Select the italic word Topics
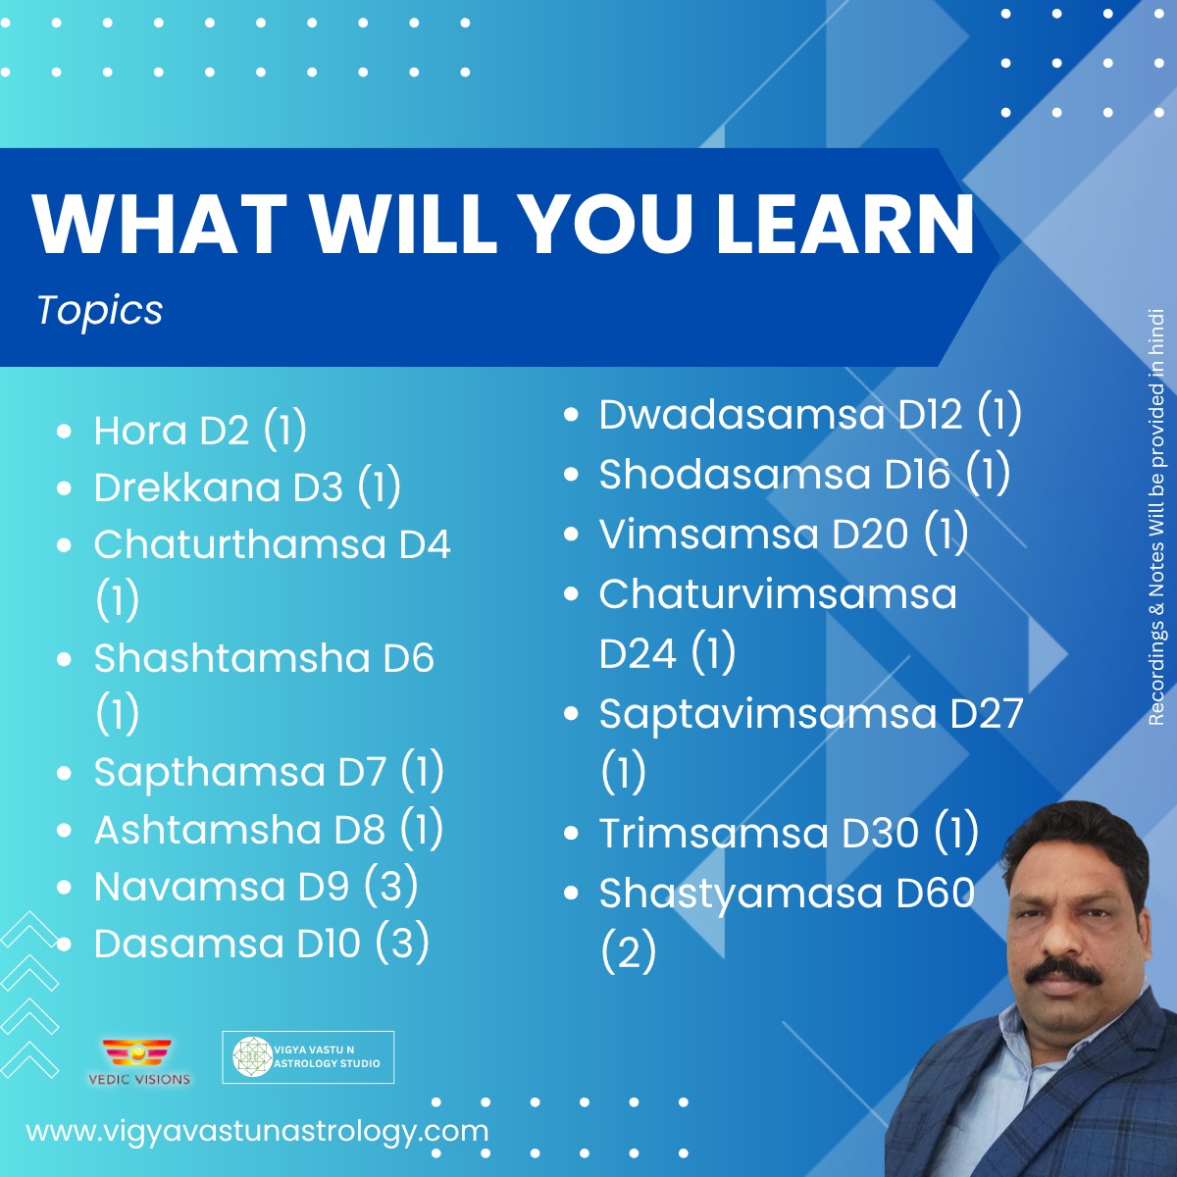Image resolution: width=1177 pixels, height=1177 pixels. pyautogui.click(x=100, y=310)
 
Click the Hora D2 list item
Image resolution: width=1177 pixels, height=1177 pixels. pyautogui.click(x=200, y=431)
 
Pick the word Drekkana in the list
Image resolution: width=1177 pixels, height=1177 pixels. pyautogui.click(x=187, y=487)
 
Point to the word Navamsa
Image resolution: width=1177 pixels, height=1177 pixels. pyautogui.click(x=189, y=887)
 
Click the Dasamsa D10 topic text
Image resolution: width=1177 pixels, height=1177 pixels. pyautogui.click(x=262, y=943)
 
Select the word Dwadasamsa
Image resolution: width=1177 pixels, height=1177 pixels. pyautogui.click(x=742, y=415)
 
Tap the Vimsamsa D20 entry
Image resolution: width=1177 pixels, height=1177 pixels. pyautogui.click(x=783, y=534)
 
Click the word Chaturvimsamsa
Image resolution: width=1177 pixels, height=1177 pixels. pyautogui.click(x=778, y=594)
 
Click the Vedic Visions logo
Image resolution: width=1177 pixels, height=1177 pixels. pyautogui.click(x=138, y=1062)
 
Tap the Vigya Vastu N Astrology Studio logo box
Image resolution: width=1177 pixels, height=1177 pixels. pyautogui.click(x=308, y=1057)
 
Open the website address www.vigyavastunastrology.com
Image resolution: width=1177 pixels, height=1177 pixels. pyautogui.click(x=257, y=1131)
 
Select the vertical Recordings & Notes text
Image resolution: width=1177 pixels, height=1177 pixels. pyautogui.click(x=1155, y=517)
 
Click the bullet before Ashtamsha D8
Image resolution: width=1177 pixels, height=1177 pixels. pyautogui.click(x=64, y=831)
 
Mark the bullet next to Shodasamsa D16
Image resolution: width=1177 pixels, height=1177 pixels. pyautogui.click(x=571, y=475)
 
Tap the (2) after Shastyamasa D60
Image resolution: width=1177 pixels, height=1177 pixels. pyautogui.click(x=629, y=951)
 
